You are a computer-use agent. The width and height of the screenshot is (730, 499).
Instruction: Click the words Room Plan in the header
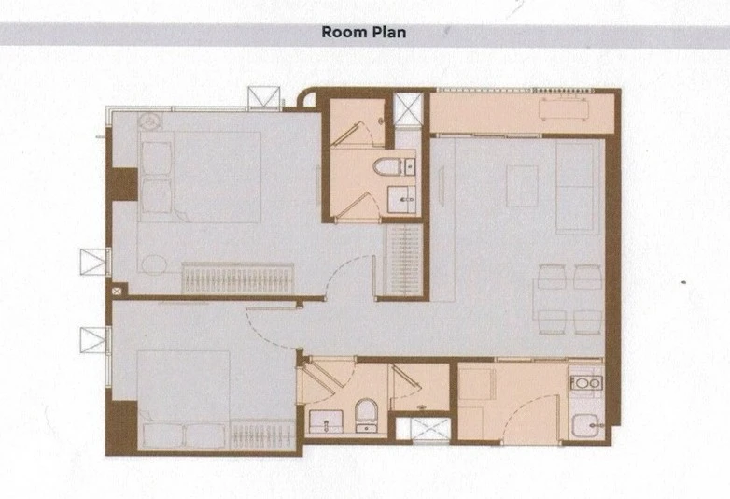[364, 32]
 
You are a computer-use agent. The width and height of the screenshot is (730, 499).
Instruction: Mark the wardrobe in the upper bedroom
[237, 278]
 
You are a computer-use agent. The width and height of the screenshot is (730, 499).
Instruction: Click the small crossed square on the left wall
[116, 291]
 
